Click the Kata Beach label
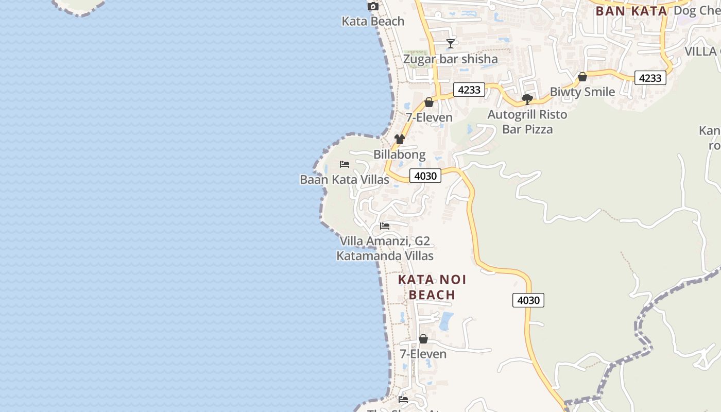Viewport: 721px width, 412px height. point(373,22)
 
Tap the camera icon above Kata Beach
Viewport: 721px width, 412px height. point(373,7)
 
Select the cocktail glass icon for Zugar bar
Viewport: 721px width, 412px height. point(451,44)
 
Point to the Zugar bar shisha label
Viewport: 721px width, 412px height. point(450,59)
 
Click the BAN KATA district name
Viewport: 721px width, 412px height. point(631,11)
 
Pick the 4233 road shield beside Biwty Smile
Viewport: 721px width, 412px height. point(650,78)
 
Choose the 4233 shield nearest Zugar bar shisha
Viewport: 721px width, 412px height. point(469,90)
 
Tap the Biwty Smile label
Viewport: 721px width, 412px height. point(582,92)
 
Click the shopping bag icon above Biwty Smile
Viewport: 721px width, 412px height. point(582,77)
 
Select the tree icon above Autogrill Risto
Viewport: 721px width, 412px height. point(527,99)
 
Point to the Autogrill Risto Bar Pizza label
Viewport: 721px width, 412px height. point(527,122)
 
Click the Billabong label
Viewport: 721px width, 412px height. point(400,154)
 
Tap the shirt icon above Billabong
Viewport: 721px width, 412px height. point(399,139)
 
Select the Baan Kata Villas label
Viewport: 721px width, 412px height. point(345,180)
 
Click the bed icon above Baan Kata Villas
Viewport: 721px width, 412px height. point(345,164)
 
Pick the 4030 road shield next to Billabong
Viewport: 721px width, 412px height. point(425,176)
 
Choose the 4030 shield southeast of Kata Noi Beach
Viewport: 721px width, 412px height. point(528,300)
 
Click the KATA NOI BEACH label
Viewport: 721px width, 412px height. point(432,287)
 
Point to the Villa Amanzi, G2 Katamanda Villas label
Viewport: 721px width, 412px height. point(385,248)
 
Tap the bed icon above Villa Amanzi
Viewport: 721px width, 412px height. point(385,226)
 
